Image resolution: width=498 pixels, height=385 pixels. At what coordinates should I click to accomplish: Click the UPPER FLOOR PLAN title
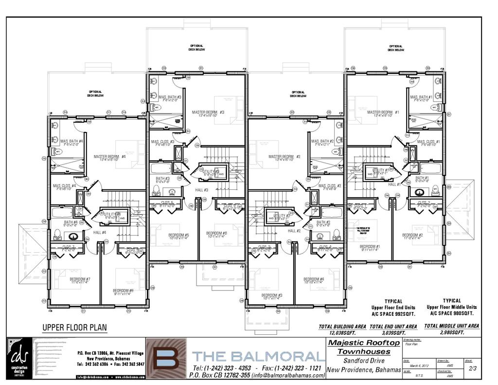click(74, 328)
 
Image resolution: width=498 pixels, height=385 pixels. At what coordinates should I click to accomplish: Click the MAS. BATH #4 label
click(71, 142)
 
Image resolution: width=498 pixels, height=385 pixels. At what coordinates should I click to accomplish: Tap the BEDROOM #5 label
click(178, 236)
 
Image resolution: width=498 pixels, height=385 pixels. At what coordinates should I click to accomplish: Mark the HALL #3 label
click(202, 190)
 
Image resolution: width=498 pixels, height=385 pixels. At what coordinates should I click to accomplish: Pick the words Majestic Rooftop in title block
click(364, 343)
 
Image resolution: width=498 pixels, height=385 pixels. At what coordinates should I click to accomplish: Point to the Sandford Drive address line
click(364, 361)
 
